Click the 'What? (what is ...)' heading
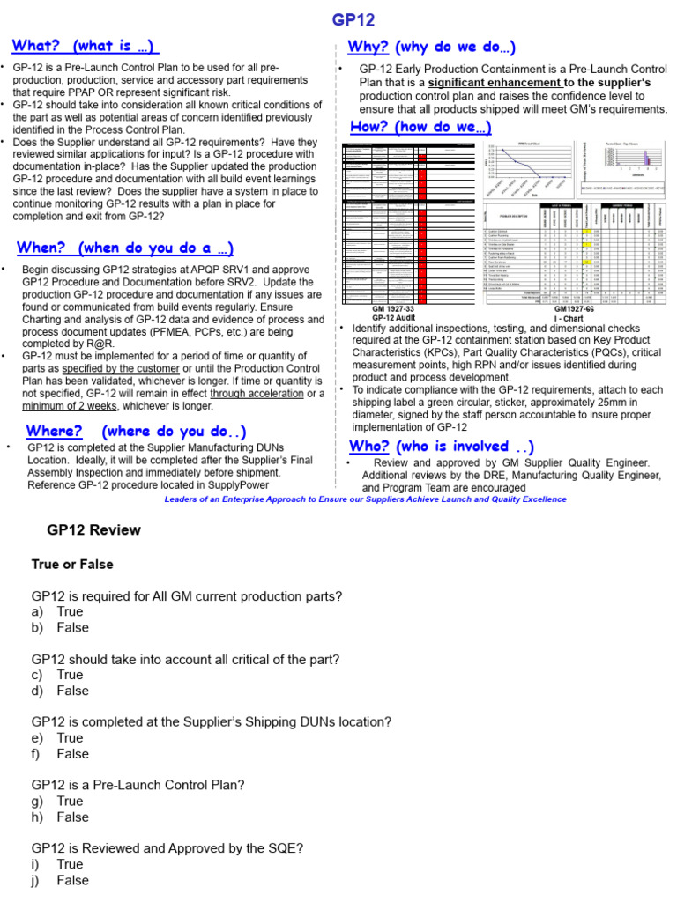pos(86,46)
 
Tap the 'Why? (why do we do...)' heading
pos(432,47)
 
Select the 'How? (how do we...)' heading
pos(420,127)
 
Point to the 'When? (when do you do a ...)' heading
pos(124,248)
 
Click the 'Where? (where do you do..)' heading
pos(136,431)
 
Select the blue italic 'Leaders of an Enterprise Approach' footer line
pos(365,499)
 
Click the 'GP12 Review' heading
pos(93,530)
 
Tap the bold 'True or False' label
pos(72,564)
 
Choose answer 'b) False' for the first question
pos(61,627)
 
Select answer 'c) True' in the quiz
pos(58,675)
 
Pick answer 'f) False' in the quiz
pos(61,754)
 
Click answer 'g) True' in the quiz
pos(58,801)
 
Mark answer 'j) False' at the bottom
pos(61,880)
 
